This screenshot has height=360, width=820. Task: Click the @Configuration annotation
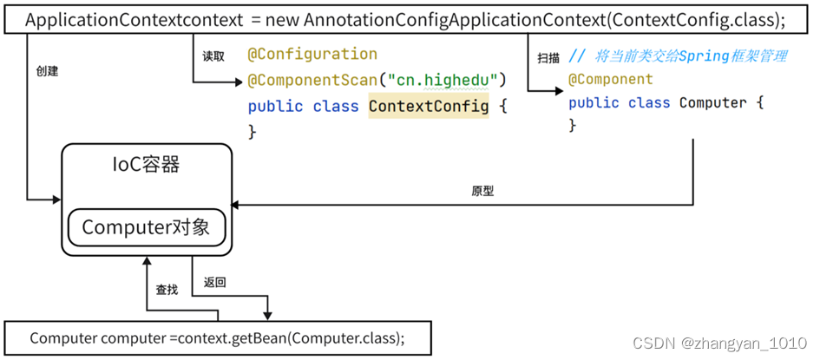(x=312, y=55)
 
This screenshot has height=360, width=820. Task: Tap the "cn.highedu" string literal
(x=442, y=81)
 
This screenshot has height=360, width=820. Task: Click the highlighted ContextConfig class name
(x=428, y=107)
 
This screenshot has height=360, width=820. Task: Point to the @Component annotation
(x=610, y=79)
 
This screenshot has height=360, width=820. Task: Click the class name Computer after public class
(x=712, y=103)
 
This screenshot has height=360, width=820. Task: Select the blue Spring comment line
(x=677, y=56)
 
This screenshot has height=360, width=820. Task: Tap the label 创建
(x=47, y=71)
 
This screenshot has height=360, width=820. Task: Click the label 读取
(x=213, y=56)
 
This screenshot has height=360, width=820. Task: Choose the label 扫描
(x=548, y=58)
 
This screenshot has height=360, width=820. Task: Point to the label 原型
(x=482, y=191)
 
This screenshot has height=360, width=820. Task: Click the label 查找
(x=167, y=290)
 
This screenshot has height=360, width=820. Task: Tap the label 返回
(x=215, y=282)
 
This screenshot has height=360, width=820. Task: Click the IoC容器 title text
(x=146, y=164)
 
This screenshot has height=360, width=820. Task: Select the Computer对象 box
(x=146, y=227)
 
